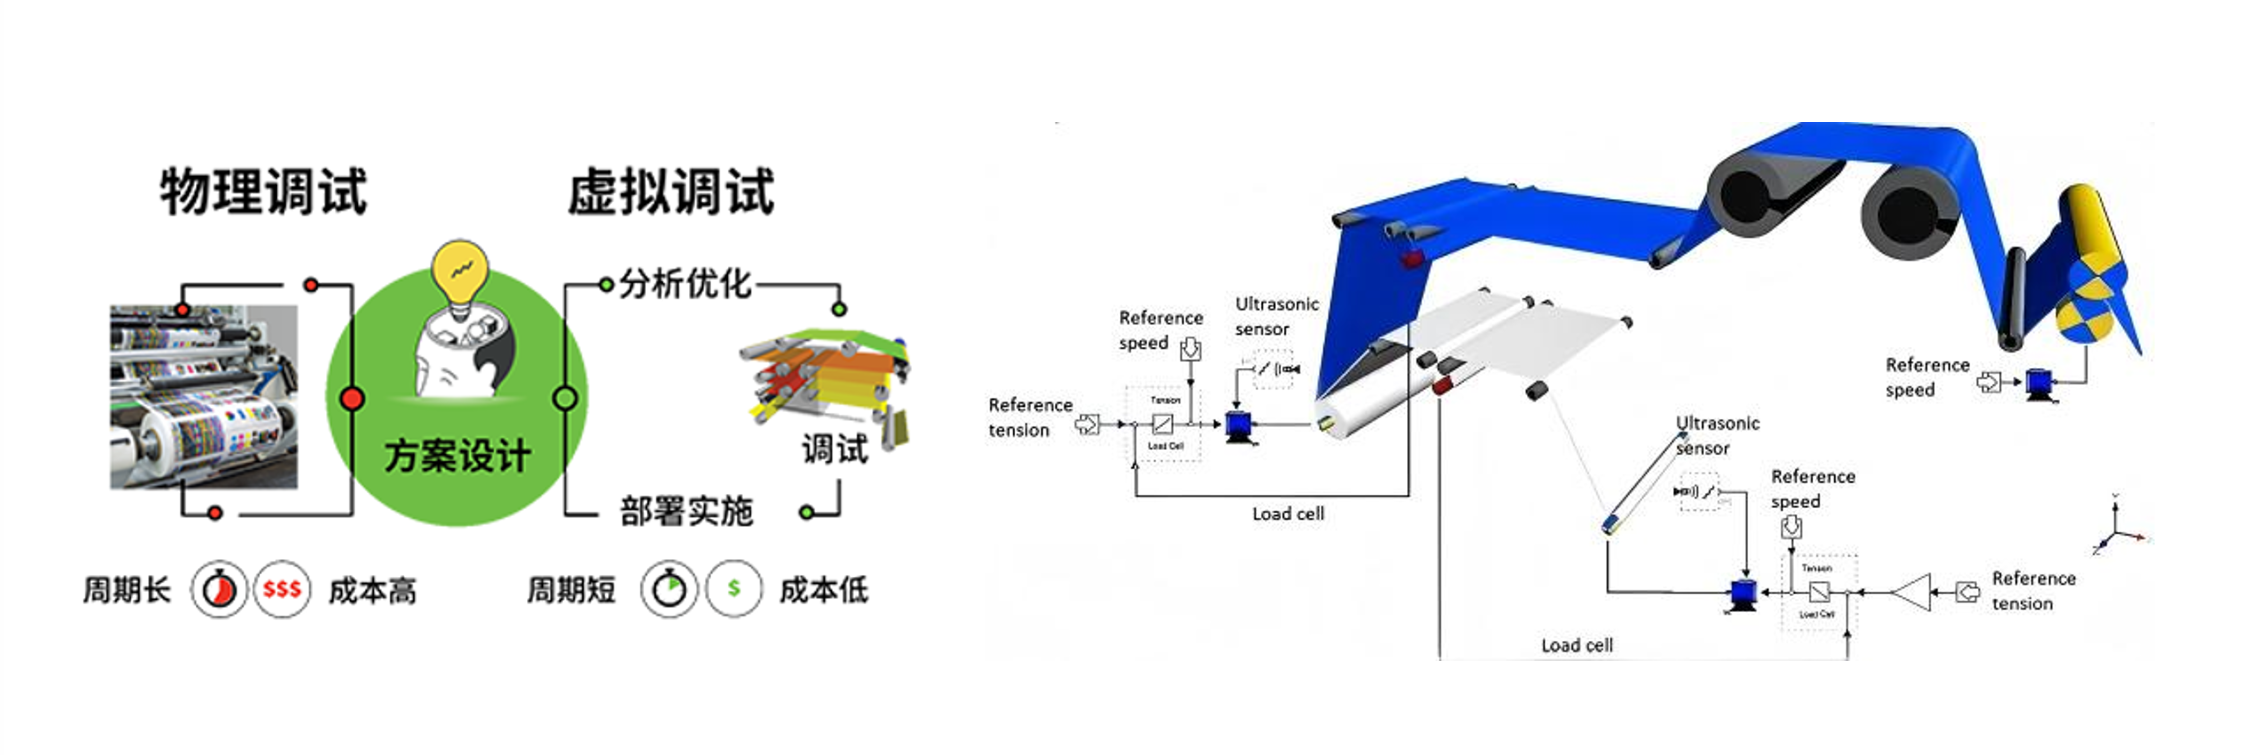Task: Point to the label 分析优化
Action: (685, 283)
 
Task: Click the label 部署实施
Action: (686, 511)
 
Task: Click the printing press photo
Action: (203, 397)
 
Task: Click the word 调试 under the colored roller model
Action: (834, 449)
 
